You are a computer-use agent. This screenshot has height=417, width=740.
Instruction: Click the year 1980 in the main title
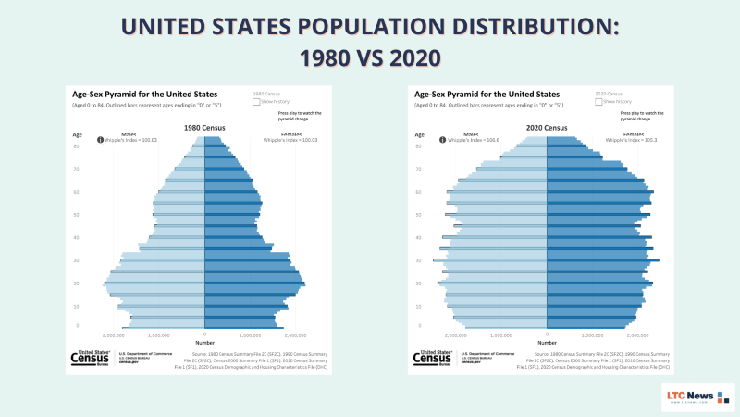tap(328, 57)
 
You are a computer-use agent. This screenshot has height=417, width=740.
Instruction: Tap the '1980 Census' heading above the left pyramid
tap(204, 127)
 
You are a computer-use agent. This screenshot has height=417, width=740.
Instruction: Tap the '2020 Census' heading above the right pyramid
tap(547, 127)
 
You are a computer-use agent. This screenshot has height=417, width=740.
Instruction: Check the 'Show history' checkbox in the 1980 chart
tap(257, 102)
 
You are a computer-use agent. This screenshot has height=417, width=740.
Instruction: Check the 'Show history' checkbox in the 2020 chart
tap(599, 102)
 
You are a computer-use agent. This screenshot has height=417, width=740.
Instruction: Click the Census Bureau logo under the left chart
tap(91, 359)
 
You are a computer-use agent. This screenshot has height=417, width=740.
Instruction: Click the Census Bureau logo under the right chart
tap(433, 359)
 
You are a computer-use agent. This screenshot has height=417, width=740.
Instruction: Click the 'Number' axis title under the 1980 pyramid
tap(204, 342)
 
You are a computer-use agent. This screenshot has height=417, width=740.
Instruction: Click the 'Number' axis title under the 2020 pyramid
tap(547, 342)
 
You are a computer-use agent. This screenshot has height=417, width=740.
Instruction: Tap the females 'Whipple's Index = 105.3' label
tap(628, 140)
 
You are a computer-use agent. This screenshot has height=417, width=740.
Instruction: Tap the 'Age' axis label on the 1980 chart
tap(78, 134)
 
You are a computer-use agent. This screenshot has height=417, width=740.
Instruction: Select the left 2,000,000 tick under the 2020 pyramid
tap(457, 335)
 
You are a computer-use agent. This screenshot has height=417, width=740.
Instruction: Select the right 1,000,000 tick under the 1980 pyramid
tap(250, 335)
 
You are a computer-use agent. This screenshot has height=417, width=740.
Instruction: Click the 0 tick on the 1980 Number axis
tap(204, 335)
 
